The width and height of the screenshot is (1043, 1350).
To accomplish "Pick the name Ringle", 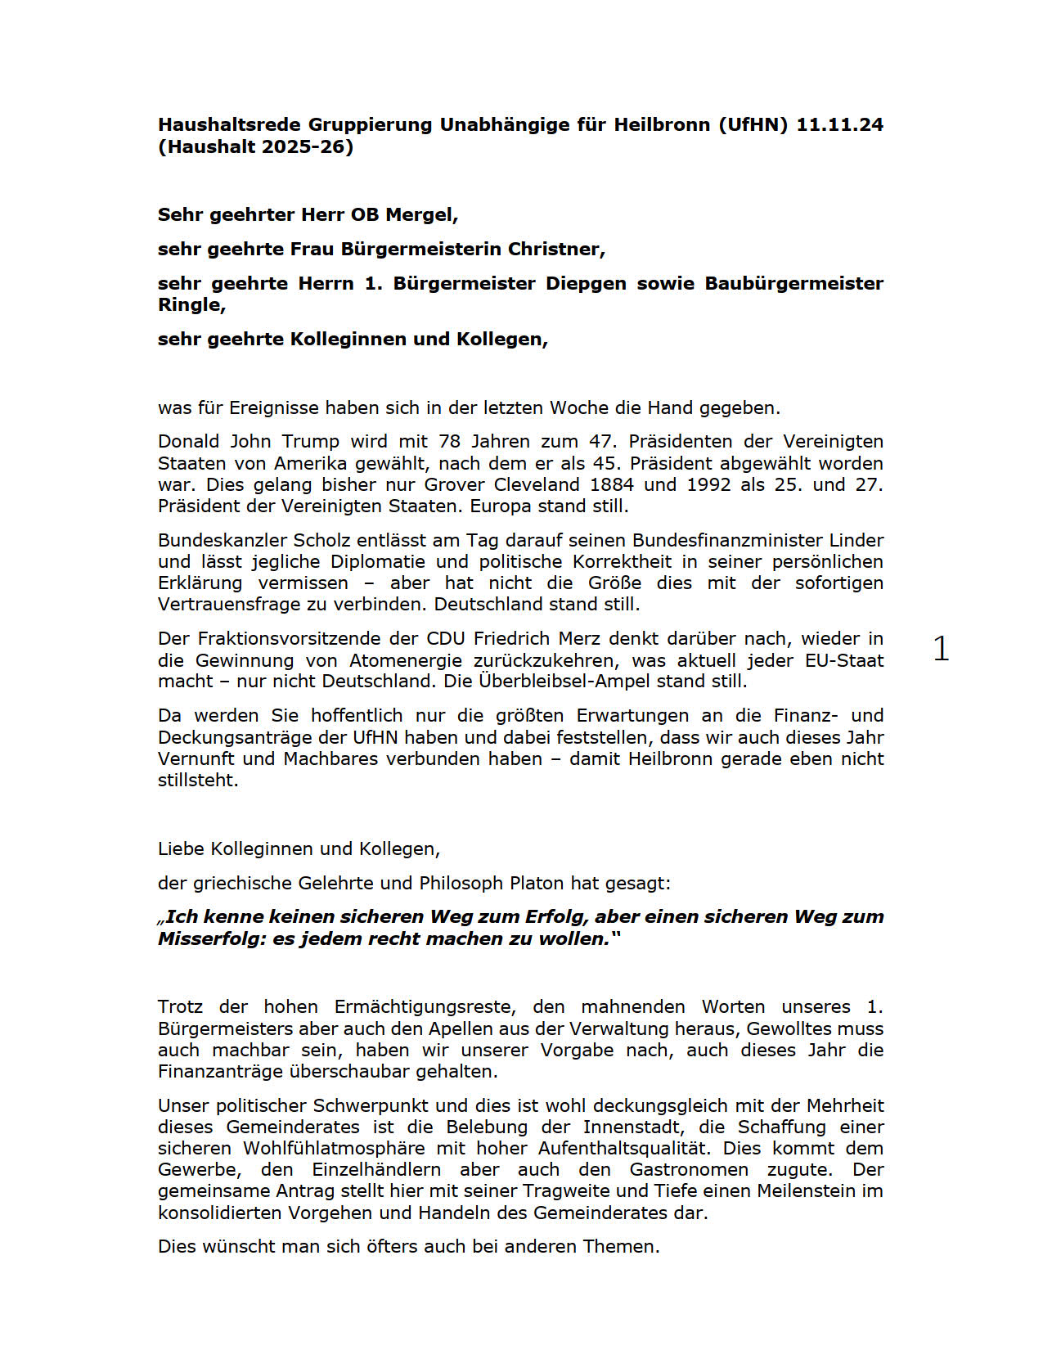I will click(x=190, y=305).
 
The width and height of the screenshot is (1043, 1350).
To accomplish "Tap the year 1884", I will click(x=612, y=484).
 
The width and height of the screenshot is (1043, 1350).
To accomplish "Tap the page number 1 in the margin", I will click(x=942, y=649).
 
